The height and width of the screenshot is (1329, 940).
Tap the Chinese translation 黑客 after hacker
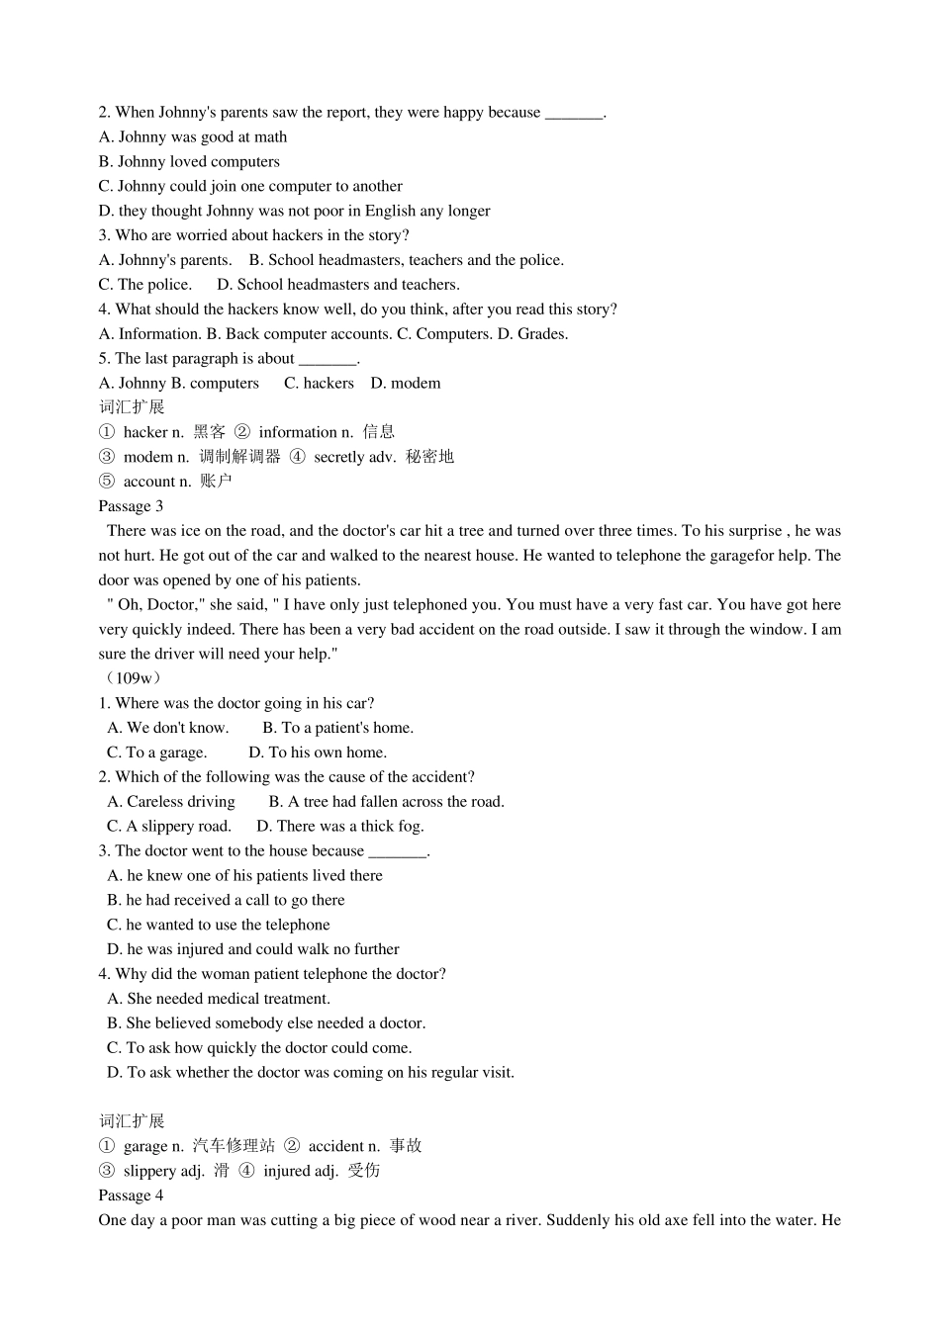click(210, 432)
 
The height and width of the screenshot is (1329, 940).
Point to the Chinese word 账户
click(216, 482)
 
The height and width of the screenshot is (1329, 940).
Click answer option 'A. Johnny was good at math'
click(193, 137)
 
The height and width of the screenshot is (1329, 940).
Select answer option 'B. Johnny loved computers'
click(189, 162)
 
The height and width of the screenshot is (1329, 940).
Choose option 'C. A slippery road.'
click(169, 827)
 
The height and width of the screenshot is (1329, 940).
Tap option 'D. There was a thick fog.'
click(339, 827)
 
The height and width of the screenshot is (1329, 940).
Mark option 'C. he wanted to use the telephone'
click(219, 926)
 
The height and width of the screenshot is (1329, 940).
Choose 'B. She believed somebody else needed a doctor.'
click(266, 1023)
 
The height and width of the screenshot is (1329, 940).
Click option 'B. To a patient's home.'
click(337, 728)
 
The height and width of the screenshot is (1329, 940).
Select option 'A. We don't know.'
click(168, 728)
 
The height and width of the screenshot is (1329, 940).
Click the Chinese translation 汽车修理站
click(234, 1146)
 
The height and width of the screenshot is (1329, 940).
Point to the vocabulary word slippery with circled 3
click(150, 1171)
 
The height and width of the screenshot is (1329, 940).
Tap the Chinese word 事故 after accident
click(406, 1146)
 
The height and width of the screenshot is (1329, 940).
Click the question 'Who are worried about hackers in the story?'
click(254, 235)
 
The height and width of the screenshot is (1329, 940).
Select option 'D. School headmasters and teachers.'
click(338, 285)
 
